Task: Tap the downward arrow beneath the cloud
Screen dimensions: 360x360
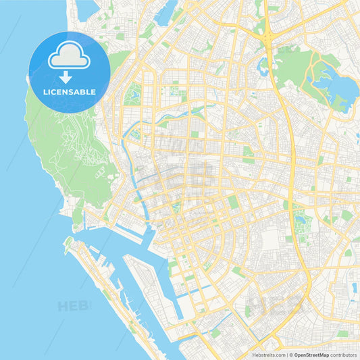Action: click(x=70, y=77)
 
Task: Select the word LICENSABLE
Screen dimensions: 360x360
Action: click(x=70, y=92)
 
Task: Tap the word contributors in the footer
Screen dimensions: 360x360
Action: click(x=344, y=354)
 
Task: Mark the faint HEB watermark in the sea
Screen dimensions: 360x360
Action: click(x=73, y=306)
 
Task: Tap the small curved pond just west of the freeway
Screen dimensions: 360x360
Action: click(x=262, y=66)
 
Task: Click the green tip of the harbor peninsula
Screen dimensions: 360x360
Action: click(x=68, y=241)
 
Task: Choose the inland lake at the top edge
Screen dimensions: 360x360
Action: click(x=165, y=14)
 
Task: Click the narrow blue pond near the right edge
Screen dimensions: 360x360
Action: click(x=354, y=288)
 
